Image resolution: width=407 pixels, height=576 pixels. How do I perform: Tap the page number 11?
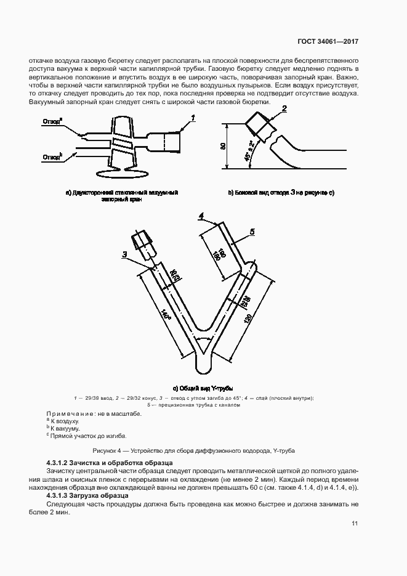(355, 524)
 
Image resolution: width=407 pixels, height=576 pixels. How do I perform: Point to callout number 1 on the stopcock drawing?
(193, 117)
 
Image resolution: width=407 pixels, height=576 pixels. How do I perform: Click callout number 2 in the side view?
(284, 109)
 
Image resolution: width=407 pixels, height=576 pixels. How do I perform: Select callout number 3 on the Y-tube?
(125, 254)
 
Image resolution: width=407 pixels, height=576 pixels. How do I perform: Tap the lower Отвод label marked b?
(52, 157)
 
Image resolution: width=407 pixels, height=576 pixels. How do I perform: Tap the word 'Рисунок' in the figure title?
(105, 452)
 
